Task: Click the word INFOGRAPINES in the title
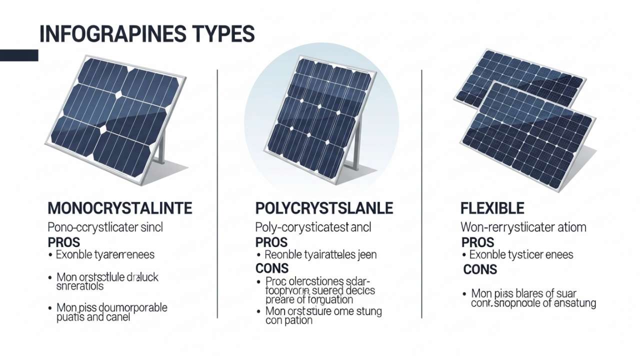(105, 34)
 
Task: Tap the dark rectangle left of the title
(19, 55)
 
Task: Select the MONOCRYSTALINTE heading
(120, 208)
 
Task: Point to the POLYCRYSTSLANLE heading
(324, 208)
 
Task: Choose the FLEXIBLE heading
(492, 208)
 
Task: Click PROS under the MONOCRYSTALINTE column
(63, 242)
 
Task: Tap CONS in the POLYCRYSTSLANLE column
(272, 269)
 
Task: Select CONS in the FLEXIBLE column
(480, 270)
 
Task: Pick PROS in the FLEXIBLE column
(477, 242)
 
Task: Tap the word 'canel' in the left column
(117, 317)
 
